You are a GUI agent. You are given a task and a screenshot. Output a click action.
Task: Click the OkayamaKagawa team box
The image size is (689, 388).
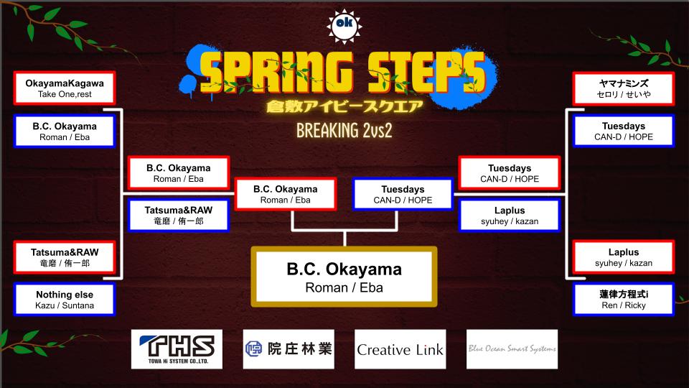tap(65, 89)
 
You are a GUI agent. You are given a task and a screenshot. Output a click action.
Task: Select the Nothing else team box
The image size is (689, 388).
tap(65, 300)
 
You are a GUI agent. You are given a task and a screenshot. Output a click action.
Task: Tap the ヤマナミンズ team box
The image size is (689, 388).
tap(624, 89)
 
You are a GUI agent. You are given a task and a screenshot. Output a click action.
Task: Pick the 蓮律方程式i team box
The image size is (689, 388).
tap(624, 300)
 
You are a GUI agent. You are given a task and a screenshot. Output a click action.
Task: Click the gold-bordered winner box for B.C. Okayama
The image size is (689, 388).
tap(344, 277)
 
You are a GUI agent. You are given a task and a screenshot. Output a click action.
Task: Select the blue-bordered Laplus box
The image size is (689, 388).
tap(509, 216)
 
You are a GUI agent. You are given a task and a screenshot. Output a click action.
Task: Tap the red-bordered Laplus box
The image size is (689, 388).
tap(624, 257)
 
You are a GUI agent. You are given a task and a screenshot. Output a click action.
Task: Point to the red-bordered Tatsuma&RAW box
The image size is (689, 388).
tap(65, 257)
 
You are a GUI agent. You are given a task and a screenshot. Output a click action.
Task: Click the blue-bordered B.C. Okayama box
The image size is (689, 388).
tap(65, 131)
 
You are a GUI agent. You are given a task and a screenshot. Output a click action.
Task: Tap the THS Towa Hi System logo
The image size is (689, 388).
tap(177, 349)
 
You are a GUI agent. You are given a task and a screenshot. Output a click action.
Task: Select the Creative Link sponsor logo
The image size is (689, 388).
tap(400, 350)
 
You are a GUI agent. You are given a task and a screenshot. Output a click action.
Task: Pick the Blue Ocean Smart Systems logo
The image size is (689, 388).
tap(512, 349)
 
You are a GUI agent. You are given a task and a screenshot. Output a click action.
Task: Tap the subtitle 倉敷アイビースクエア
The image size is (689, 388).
tap(344, 108)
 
